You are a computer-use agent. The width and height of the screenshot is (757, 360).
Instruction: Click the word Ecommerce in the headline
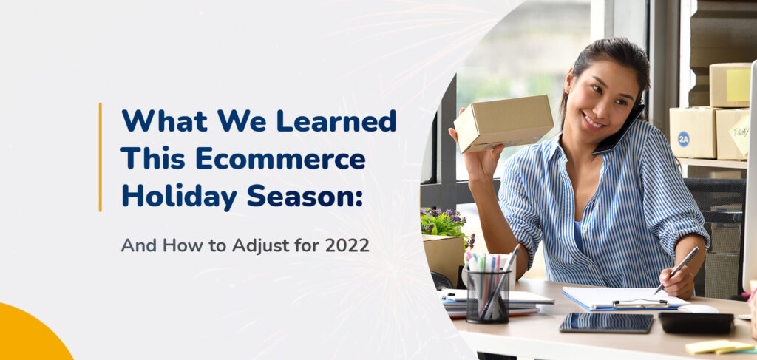(x=280, y=159)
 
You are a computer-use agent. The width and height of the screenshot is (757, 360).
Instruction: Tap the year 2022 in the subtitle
(x=347, y=245)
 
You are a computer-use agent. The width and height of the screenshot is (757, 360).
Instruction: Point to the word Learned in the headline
(x=336, y=120)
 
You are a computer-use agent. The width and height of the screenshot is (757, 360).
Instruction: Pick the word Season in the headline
(x=305, y=197)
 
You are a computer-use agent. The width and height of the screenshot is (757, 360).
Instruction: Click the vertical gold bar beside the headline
(x=101, y=157)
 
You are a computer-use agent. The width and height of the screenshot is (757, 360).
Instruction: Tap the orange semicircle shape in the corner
(x=35, y=333)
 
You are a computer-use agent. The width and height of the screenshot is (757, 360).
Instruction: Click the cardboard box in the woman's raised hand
(x=503, y=123)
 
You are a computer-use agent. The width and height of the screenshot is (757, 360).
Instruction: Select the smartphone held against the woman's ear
(x=619, y=131)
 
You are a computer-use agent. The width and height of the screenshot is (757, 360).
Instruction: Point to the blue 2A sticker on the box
(x=684, y=138)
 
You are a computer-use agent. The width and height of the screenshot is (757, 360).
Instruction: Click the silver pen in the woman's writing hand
(x=676, y=270)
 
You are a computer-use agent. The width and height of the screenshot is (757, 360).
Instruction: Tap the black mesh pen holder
(x=488, y=296)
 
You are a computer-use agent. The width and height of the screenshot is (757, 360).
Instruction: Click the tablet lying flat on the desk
(x=606, y=322)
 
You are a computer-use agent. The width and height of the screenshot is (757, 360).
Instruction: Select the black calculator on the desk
(x=696, y=323)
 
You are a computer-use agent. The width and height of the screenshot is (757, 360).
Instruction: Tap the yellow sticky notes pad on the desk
(x=719, y=347)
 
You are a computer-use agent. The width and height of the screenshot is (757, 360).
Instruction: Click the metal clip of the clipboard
(x=640, y=303)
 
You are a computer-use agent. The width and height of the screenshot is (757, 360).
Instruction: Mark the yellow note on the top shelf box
(x=739, y=85)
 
